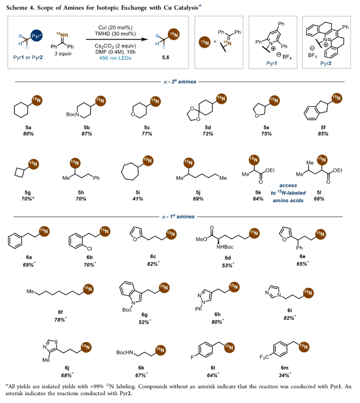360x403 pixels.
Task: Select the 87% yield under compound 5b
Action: (x=83, y=134)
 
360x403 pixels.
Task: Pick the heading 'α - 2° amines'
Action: (x=180, y=82)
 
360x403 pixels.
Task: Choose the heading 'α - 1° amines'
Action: (x=180, y=217)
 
